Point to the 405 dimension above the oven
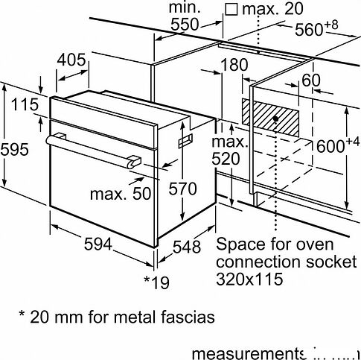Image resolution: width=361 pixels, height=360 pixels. [74, 59]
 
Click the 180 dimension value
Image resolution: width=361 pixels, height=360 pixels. [234, 66]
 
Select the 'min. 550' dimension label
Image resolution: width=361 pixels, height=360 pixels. [185, 16]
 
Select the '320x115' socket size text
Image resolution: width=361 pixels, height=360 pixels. [251, 279]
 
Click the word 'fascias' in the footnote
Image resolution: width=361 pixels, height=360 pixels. [188, 317]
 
